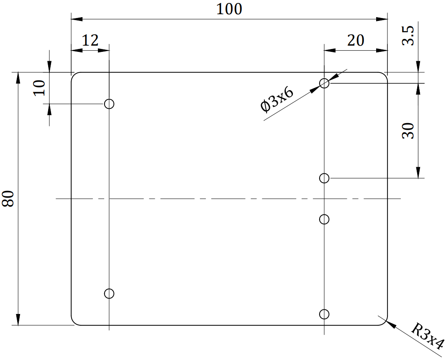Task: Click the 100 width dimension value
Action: (x=229, y=9)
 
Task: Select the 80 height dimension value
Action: (x=9, y=198)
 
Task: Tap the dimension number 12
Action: (x=90, y=41)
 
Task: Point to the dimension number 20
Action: (x=356, y=41)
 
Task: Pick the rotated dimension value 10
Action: (x=39, y=88)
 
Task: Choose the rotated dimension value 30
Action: (x=408, y=131)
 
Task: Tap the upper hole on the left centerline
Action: (x=109, y=104)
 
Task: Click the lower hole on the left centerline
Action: (x=109, y=293)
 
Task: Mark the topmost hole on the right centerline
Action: (x=325, y=83)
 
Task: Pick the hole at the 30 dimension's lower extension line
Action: (x=325, y=178)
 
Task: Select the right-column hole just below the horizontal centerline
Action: (x=325, y=219)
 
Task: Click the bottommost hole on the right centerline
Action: (x=325, y=314)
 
